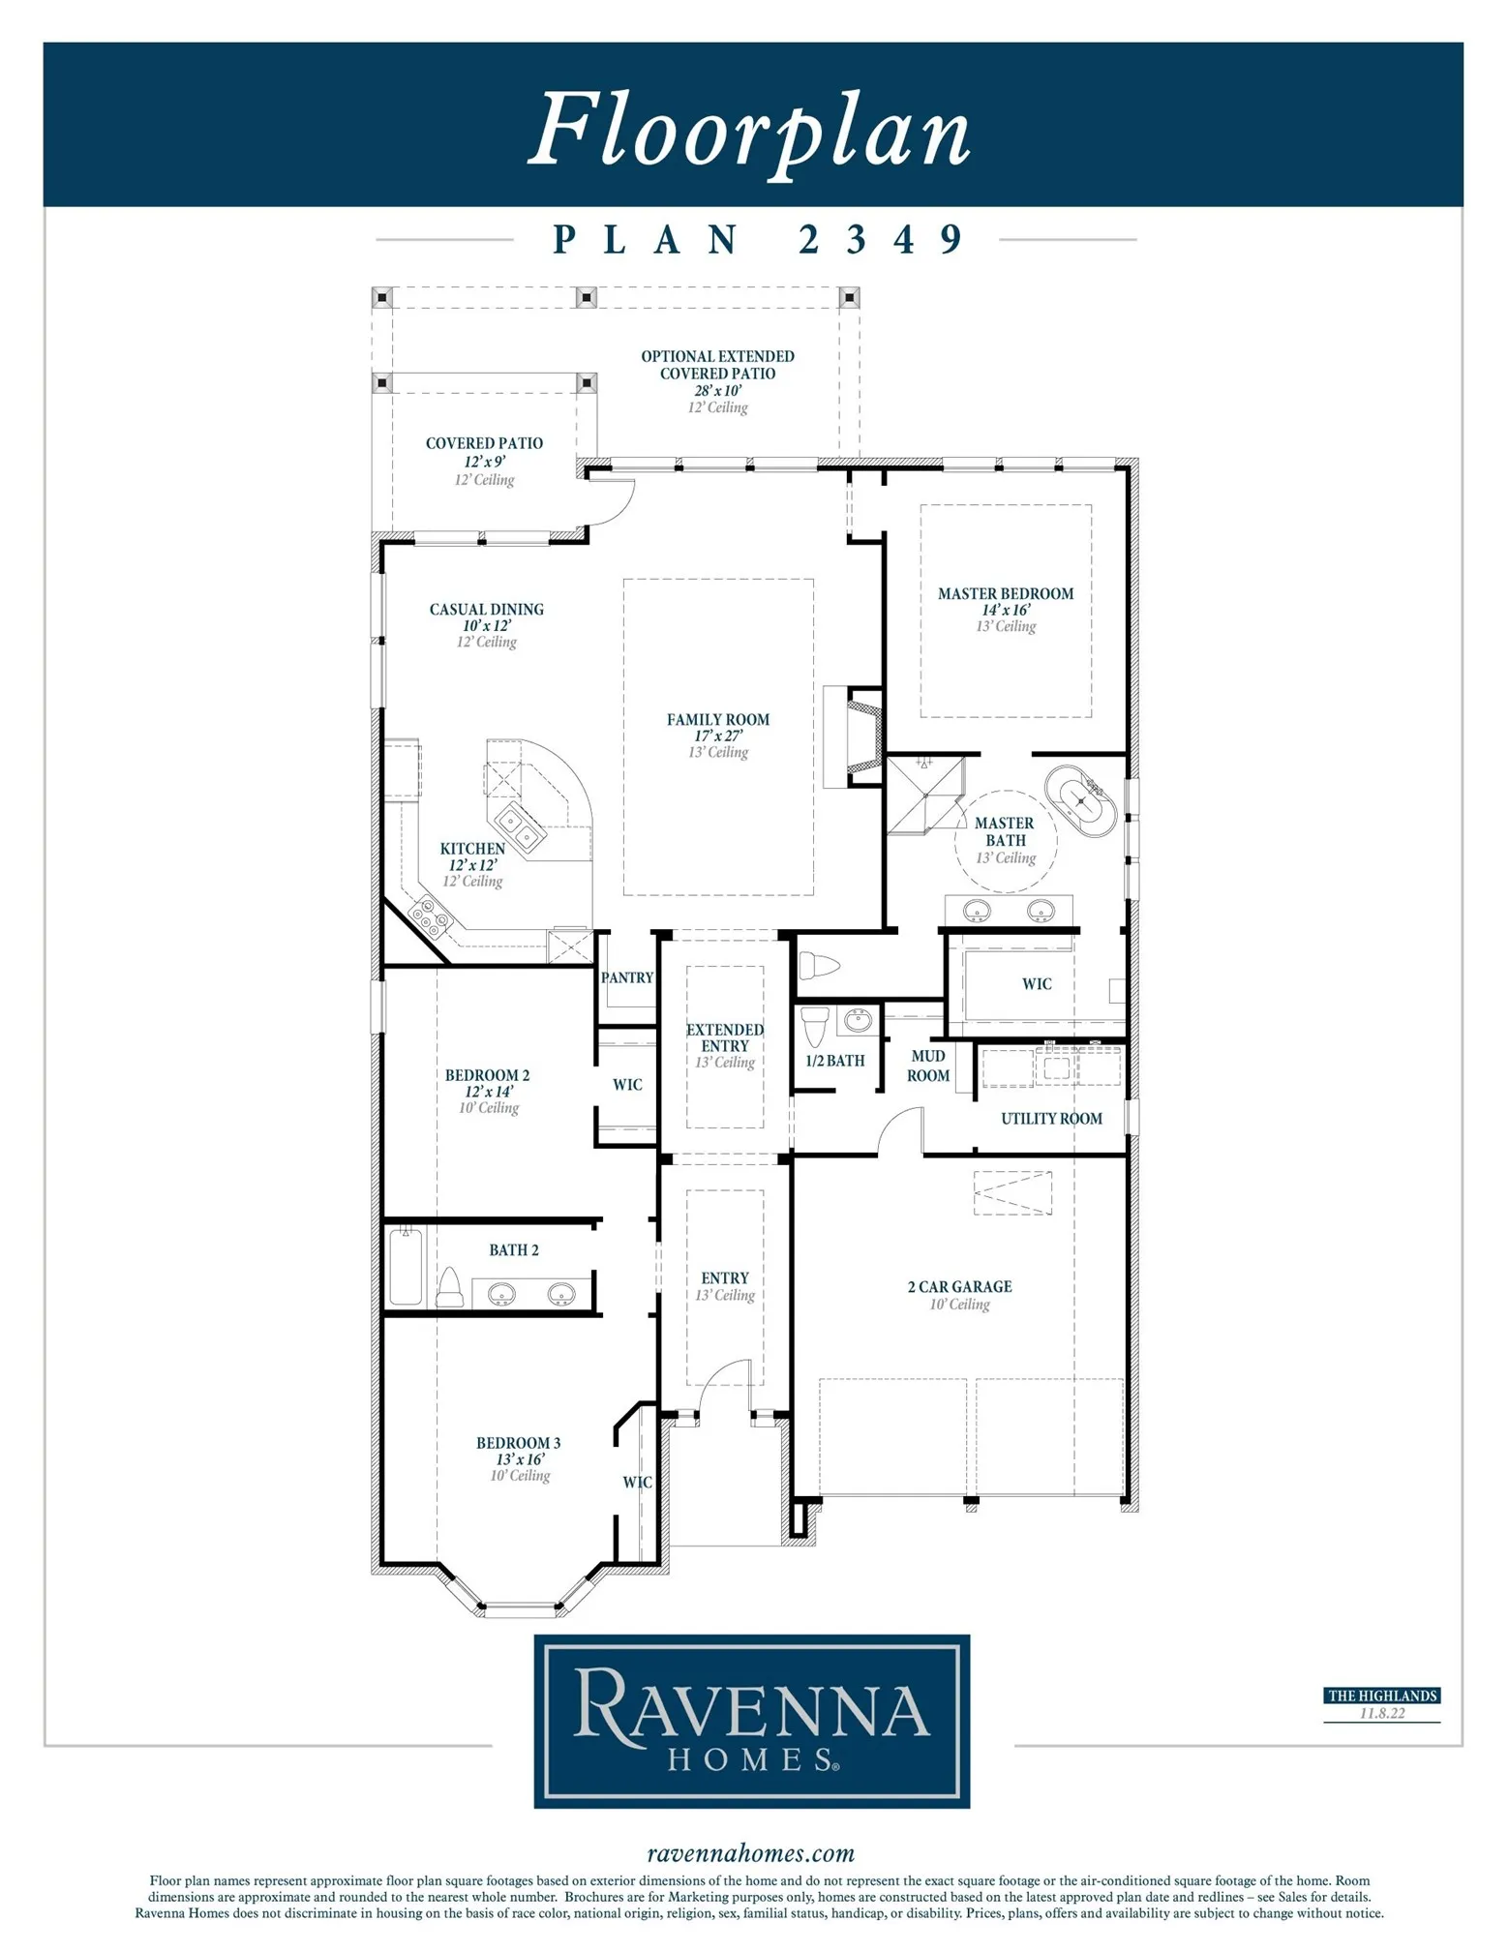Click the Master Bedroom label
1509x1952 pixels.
tap(1005, 593)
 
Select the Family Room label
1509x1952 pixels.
tap(717, 719)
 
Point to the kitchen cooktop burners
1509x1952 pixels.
tap(429, 917)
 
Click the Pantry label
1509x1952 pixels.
tap(627, 977)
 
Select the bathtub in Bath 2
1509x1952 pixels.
tap(406, 1266)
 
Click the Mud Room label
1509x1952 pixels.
tap(928, 1066)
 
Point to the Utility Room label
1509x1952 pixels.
tap(1051, 1119)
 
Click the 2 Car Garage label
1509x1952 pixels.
tap(959, 1286)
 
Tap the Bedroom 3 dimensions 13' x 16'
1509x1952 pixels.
tap(520, 1459)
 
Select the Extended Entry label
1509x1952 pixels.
tap(725, 1037)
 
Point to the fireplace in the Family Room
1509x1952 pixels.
tap(855, 736)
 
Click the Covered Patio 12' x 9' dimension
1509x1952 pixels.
tap(484, 462)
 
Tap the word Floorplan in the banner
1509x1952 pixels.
tap(750, 129)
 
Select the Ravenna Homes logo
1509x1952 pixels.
tap(752, 1721)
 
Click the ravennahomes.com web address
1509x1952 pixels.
tap(751, 1853)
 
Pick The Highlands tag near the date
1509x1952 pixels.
tap(1381, 1696)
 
